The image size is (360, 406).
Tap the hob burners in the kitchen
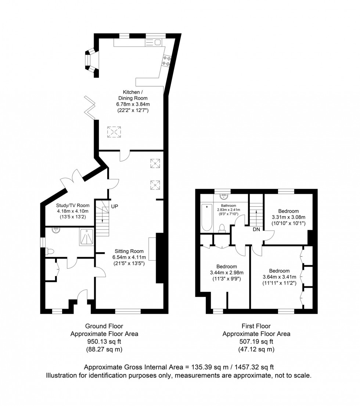click(166, 61)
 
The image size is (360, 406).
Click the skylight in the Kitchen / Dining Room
click(114, 131)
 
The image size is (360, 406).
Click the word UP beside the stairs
click(115, 207)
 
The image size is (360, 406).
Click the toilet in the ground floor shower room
click(50, 252)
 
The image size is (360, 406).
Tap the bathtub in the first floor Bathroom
click(207, 217)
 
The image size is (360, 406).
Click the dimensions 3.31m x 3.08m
click(288, 217)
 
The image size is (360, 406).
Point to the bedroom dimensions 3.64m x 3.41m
click(279, 277)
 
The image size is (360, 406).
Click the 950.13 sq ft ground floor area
click(104, 342)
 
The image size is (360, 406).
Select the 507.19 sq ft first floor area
click(256, 342)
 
